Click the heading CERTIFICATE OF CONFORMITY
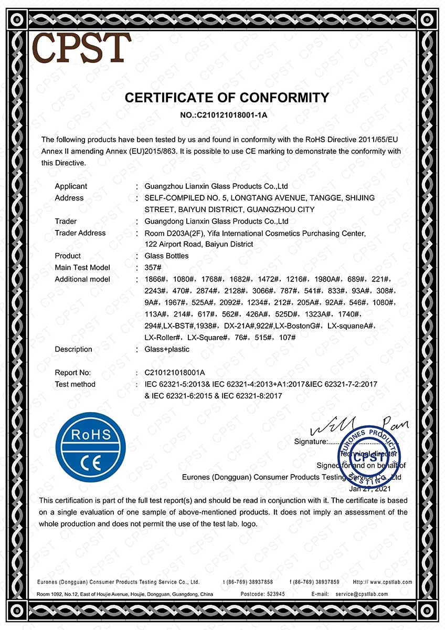pos(227,98)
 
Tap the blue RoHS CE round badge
pos(91,447)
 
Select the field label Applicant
pos(71,186)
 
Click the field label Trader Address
pos(80,233)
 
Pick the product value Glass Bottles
pos(166,256)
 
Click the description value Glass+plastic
pos(167,349)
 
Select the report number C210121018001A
pos(175,373)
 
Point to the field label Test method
pos(75,384)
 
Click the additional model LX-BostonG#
pos(298,326)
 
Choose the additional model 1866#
pos(155,279)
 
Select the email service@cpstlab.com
pos(362,594)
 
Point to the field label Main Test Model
pos(82,267)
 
